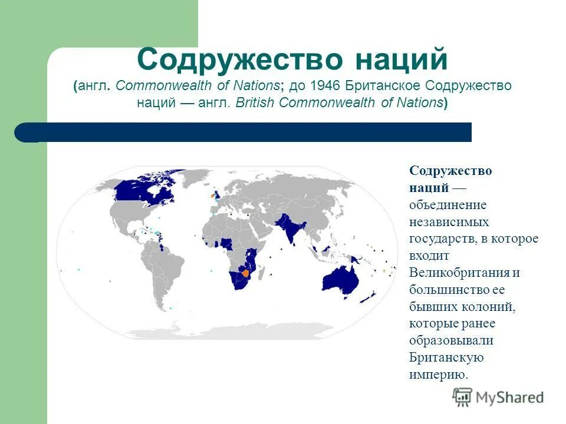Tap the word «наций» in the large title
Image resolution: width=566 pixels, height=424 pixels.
[400, 60]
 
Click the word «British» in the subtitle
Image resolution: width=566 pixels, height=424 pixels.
[256, 102]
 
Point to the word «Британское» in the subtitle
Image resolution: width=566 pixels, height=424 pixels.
[381, 86]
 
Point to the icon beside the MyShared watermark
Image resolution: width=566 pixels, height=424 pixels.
[462, 397]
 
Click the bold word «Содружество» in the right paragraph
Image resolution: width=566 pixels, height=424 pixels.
[450, 171]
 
